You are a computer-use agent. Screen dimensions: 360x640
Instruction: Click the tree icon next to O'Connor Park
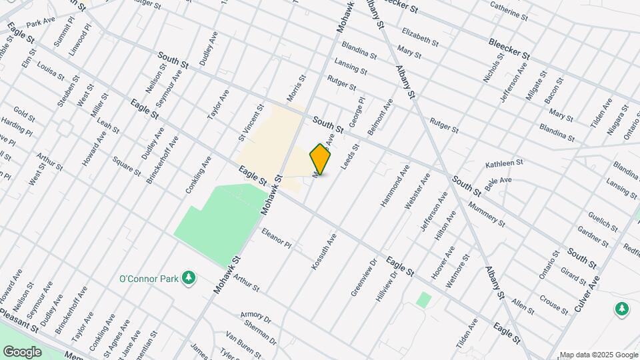[189, 277]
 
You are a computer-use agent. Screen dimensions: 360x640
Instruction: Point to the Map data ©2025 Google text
[598, 355]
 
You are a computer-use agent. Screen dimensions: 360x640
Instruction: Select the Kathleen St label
[505, 163]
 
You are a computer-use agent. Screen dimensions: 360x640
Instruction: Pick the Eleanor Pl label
[277, 240]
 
